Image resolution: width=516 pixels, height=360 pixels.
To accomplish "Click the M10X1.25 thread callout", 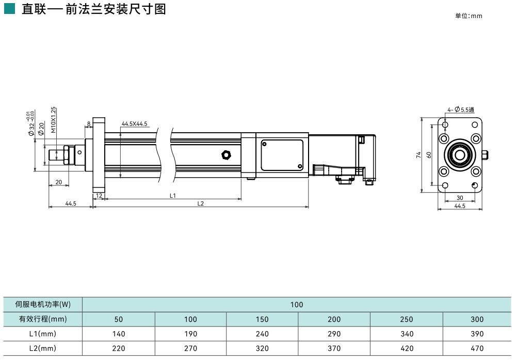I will point(54,120).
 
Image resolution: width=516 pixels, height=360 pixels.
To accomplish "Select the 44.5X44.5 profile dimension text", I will point(135,124).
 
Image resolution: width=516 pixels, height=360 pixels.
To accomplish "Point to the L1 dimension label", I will point(173,195).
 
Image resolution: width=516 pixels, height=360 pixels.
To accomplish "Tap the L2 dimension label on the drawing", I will point(201,204).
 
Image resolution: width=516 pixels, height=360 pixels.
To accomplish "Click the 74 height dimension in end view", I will point(419,154).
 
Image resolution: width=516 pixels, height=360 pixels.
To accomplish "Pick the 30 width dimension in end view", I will point(460,198).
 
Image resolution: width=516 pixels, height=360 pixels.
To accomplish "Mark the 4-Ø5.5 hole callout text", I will point(461,109).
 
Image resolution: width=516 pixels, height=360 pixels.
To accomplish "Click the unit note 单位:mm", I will point(468,16).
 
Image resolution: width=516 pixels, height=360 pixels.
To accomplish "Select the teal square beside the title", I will point(9,9).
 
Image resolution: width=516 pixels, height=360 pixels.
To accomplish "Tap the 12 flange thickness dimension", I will point(99,196).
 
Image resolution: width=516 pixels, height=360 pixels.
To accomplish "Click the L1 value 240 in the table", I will point(262,334).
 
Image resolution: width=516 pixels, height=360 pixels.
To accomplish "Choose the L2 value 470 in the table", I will point(477,348).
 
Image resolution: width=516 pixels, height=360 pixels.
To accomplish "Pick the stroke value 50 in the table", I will point(119,319).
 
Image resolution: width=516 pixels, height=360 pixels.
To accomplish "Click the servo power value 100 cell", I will point(297,304).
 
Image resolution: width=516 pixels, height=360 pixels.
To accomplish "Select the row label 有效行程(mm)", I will point(43,319).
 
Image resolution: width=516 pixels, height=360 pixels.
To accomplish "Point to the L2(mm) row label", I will point(43,348).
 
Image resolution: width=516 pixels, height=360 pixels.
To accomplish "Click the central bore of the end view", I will point(459,154).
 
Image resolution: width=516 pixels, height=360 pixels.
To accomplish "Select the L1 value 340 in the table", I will point(407,334).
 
